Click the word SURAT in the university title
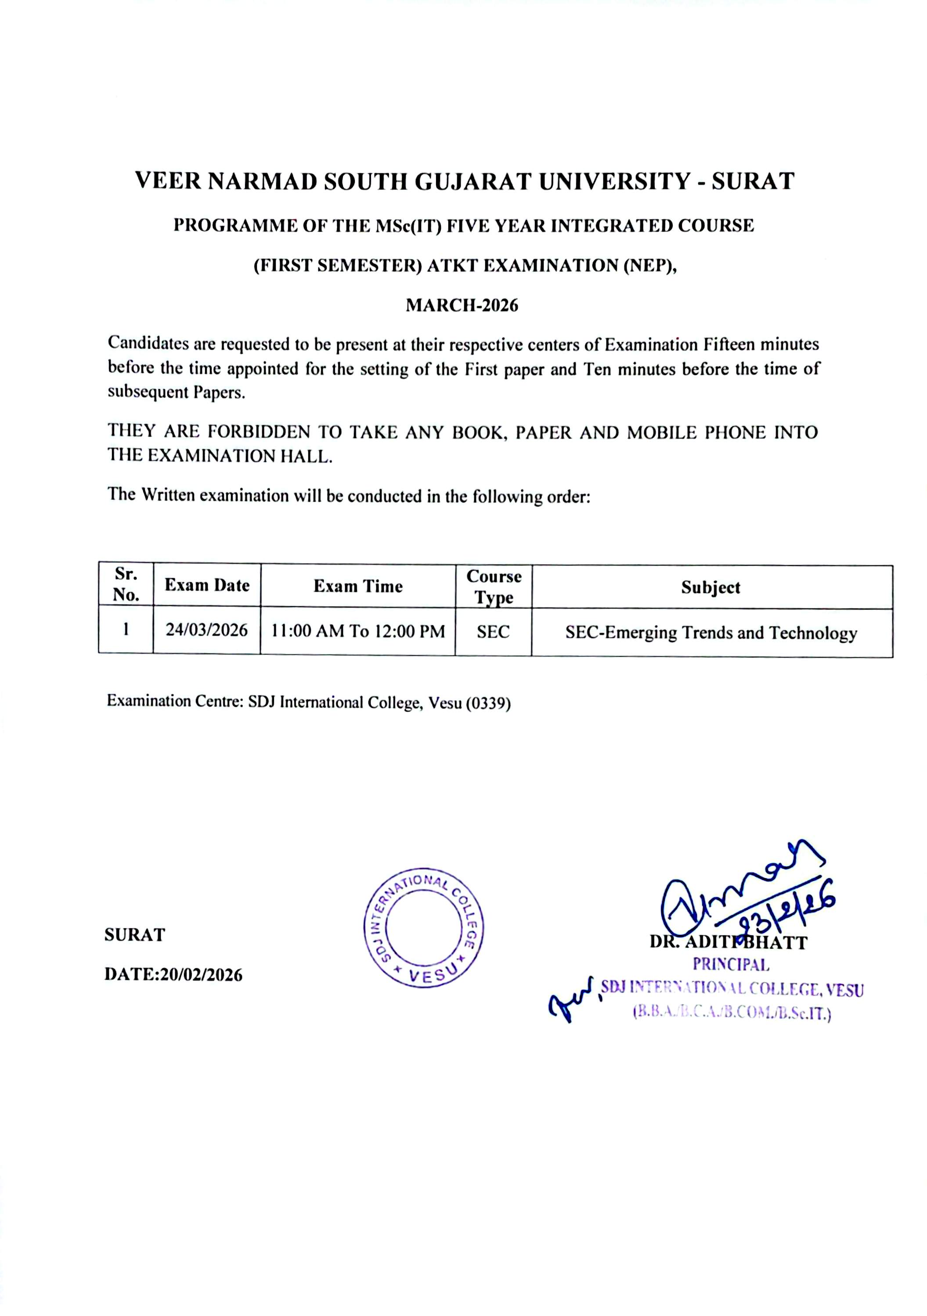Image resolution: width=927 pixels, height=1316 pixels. coord(753,181)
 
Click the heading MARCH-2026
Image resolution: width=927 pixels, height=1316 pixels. coord(462,305)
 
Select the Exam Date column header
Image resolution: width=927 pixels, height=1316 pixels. coord(207,585)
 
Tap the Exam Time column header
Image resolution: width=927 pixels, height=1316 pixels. coord(358,586)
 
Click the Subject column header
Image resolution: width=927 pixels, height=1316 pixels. coord(711,587)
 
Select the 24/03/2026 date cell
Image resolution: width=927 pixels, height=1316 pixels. coord(206,630)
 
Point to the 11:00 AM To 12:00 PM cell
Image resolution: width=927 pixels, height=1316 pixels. coord(358,632)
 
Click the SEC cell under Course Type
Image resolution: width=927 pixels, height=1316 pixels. coord(493,632)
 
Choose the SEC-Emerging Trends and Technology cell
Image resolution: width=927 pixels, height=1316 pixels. coord(711,633)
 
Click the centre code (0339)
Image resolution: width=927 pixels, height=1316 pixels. coord(487,703)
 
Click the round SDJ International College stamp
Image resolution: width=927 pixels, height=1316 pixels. coord(424,927)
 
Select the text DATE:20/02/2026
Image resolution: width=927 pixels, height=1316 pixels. coord(173,975)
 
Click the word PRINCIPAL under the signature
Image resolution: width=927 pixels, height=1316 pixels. coord(730,965)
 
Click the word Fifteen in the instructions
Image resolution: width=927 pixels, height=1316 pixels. coord(725,344)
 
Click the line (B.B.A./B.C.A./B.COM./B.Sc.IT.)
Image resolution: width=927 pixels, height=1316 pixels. coord(732,1013)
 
